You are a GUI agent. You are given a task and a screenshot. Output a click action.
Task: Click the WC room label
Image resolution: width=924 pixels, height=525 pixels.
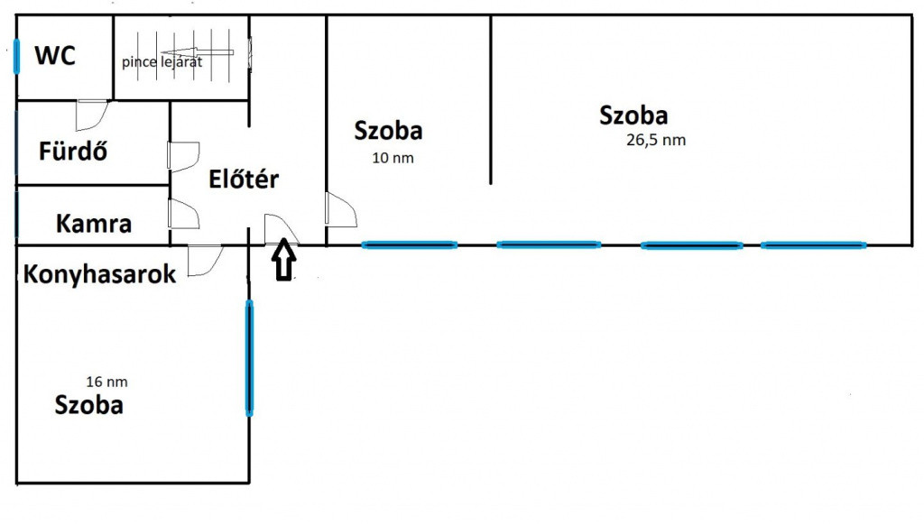[55, 55]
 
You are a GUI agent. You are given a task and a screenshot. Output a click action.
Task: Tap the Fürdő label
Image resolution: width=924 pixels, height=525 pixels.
[73, 151]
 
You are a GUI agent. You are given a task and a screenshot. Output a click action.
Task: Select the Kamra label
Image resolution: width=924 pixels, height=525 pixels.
[93, 224]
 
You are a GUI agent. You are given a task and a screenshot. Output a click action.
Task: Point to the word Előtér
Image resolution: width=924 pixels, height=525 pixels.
[244, 179]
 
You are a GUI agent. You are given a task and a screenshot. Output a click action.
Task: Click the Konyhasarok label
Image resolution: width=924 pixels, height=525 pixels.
[99, 274]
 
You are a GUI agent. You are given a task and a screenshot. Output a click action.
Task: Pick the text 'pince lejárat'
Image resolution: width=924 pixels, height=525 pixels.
[162, 62]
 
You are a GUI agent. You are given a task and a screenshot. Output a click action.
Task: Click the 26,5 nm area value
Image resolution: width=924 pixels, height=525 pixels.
[656, 140]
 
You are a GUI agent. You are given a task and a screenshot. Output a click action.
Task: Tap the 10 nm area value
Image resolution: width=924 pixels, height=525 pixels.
[393, 158]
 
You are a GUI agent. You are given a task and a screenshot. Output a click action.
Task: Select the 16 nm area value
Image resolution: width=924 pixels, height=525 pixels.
[106, 382]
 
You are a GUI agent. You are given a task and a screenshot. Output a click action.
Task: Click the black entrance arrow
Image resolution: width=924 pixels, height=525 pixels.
[284, 259]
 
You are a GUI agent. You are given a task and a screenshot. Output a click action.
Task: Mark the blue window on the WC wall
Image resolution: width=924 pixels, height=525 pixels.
[16, 56]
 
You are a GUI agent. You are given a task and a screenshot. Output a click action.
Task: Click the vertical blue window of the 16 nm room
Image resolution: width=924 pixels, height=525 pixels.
[249, 357]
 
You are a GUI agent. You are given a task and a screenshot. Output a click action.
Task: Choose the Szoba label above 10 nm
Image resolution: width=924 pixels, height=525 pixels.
[388, 130]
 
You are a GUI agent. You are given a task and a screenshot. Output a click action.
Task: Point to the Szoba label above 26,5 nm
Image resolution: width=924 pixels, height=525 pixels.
[633, 115]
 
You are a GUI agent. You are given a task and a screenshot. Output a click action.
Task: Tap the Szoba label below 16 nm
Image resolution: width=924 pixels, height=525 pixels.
[89, 405]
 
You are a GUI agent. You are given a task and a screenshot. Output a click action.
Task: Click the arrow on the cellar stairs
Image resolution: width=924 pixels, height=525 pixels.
[197, 51]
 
